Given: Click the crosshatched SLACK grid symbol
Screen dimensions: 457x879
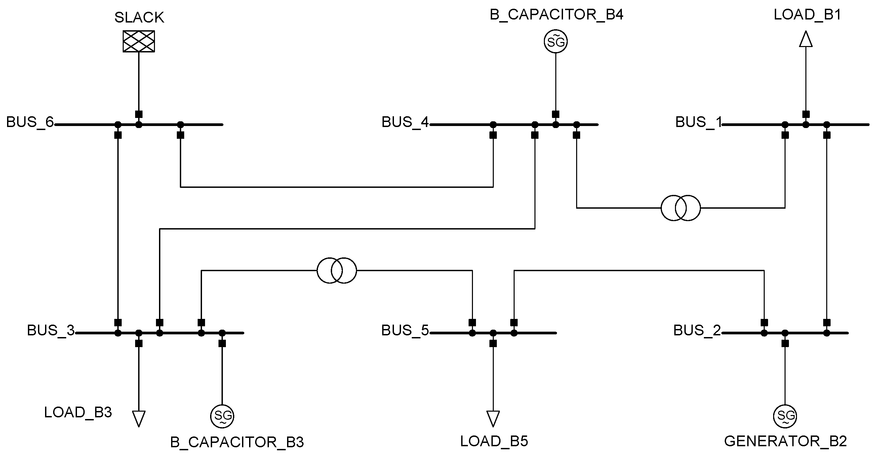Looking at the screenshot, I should (x=138, y=41).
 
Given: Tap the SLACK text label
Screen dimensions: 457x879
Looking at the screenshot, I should (x=139, y=17).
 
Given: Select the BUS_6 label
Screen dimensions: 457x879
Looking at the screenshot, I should (x=30, y=122).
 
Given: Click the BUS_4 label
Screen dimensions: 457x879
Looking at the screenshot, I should (x=405, y=122).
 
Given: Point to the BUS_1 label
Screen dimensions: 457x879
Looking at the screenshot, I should (x=699, y=122).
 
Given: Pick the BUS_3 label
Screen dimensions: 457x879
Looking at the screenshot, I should (x=50, y=330).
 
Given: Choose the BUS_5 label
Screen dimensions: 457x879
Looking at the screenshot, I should (x=405, y=330).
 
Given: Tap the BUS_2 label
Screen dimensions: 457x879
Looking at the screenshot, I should (x=697, y=330).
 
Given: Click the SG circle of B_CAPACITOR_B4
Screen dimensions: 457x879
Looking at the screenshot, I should (x=556, y=42).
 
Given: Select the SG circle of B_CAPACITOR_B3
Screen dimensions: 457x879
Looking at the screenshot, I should (x=222, y=416).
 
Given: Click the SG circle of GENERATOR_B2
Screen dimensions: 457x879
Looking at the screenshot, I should (x=785, y=416).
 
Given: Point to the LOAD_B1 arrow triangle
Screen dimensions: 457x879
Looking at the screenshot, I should (x=806, y=39).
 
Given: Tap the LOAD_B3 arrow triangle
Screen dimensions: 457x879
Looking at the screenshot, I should (x=138, y=418).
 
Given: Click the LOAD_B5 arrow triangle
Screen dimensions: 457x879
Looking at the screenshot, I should (x=493, y=418).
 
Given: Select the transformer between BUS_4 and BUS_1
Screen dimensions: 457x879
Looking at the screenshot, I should (x=680, y=208).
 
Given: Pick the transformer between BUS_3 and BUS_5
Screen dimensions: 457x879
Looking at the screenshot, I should (x=337, y=271).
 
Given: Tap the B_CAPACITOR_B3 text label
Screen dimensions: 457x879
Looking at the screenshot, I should (x=237, y=442).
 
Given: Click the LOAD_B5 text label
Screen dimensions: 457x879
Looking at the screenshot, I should (x=494, y=442).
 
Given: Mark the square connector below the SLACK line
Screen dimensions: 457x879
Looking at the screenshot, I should (x=138, y=114).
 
